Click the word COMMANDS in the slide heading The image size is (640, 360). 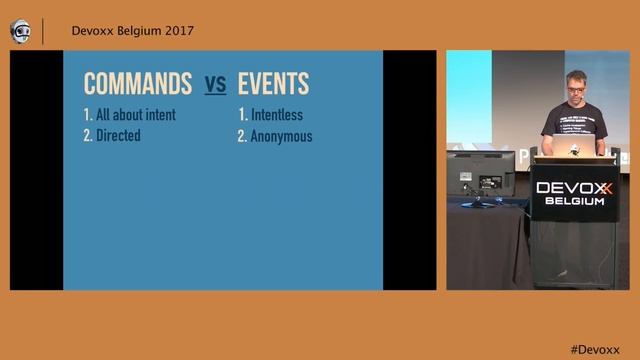[x=138, y=83]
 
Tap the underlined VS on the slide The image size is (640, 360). [x=215, y=84]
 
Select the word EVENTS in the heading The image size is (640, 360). [x=273, y=83]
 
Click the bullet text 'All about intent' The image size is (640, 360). [x=136, y=114]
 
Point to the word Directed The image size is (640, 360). [x=118, y=135]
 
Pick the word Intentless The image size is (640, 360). [x=277, y=115]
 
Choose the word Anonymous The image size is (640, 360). [x=281, y=136]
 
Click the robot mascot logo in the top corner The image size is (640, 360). [x=20, y=31]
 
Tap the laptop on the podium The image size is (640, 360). [x=572, y=149]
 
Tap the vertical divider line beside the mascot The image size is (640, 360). [x=43, y=31]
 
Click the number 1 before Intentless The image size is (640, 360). [x=242, y=115]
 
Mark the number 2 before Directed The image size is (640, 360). [x=88, y=135]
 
